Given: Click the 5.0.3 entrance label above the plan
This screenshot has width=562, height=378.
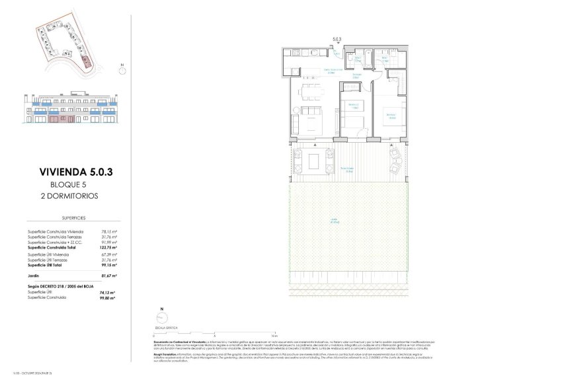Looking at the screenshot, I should (337, 39).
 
